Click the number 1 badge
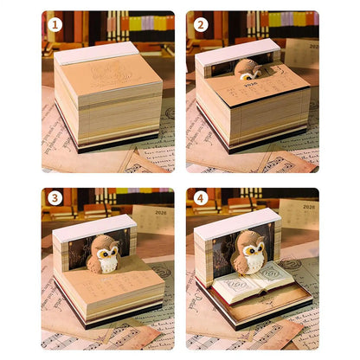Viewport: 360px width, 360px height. tap(55, 25)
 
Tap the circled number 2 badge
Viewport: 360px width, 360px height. tap(201, 25)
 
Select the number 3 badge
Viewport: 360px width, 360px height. tap(55, 198)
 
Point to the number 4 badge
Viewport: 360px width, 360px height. tap(201, 198)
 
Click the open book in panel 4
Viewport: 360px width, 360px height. tap(251, 291)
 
